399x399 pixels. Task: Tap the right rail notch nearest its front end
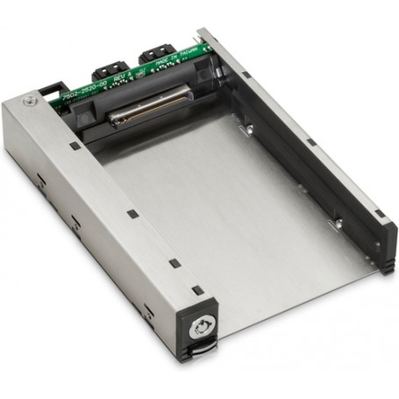pyautogui.click(x=380, y=212)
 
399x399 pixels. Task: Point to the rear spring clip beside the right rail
pyautogui.click(x=249, y=130)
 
